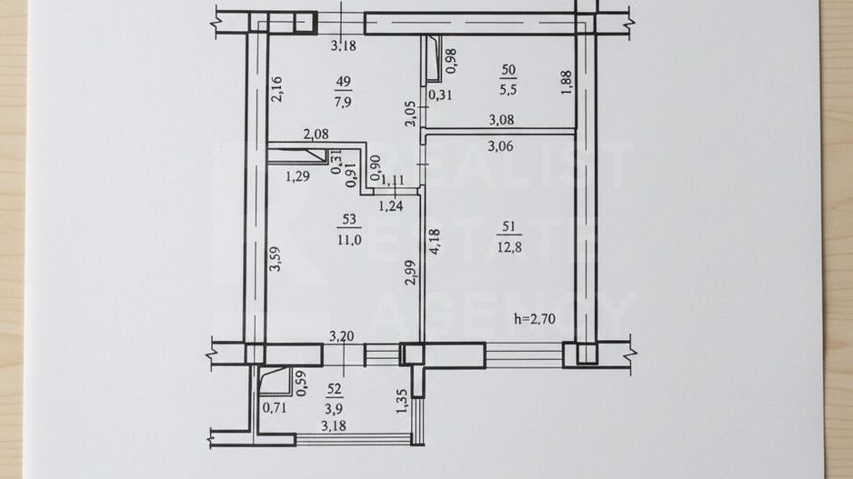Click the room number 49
pos(344,82)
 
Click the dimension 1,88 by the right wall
pos(567,84)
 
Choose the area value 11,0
pos(346,240)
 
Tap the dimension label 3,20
pos(341,336)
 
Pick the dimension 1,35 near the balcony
pos(400,401)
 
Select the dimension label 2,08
pos(316,135)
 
